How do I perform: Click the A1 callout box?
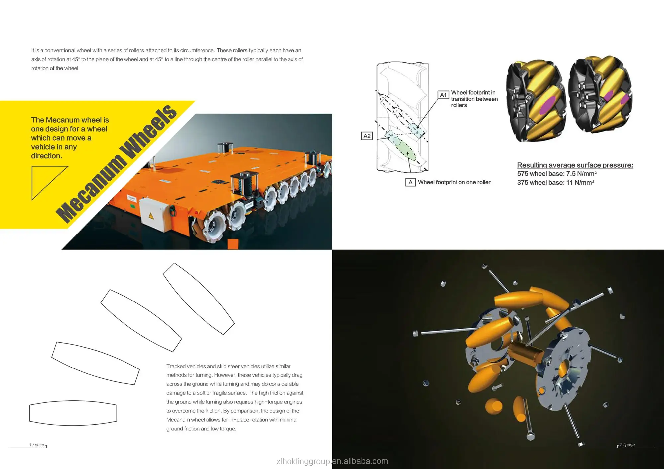(x=443, y=95)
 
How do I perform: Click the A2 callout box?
(x=367, y=136)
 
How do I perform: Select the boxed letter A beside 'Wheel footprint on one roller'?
(x=410, y=182)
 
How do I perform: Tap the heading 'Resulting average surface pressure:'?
(x=575, y=165)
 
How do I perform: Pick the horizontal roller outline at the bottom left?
(x=73, y=413)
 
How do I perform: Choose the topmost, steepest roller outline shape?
(x=199, y=299)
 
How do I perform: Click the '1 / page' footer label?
(x=37, y=445)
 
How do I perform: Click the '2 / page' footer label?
(x=627, y=445)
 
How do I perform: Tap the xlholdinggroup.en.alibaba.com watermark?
(x=332, y=461)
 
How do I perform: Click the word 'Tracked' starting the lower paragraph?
(x=176, y=366)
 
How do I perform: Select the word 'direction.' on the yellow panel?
(x=46, y=156)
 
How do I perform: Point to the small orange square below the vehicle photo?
(x=233, y=244)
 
